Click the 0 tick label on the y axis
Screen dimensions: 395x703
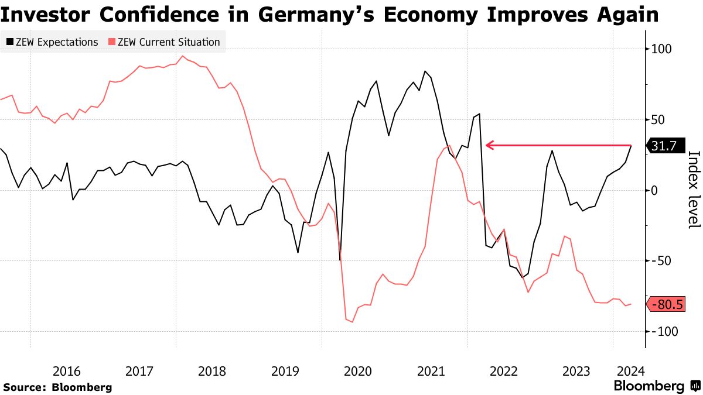tap(654, 191)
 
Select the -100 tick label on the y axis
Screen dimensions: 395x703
tap(662, 331)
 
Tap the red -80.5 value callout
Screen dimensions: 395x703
tap(666, 304)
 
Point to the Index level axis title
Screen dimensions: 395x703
tap(694, 190)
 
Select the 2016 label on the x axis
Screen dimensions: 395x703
tap(66, 371)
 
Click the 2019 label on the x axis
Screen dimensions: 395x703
tap(285, 371)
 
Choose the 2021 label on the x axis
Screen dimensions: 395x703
tap(431, 371)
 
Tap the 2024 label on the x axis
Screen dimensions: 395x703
tap(630, 371)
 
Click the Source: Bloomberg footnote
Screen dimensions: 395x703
tap(57, 387)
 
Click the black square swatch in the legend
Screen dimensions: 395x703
tap(10, 42)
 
